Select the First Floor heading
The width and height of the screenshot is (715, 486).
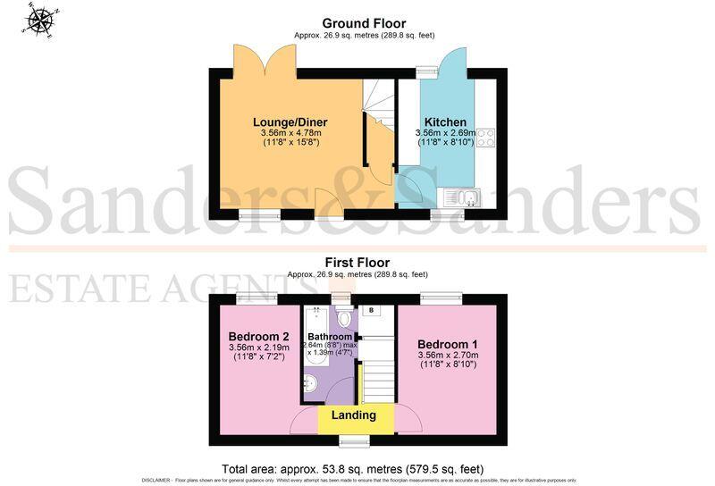tap(357, 262)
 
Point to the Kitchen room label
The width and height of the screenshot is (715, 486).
tap(444, 121)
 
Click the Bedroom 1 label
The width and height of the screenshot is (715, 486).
tap(448, 342)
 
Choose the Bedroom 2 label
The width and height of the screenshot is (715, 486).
tap(260, 335)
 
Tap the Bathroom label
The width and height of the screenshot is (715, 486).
tap(331, 337)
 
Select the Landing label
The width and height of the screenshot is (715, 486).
tap(353, 415)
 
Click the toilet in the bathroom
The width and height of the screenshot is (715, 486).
tap(346, 317)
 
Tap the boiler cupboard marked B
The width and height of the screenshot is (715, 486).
tap(372, 311)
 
